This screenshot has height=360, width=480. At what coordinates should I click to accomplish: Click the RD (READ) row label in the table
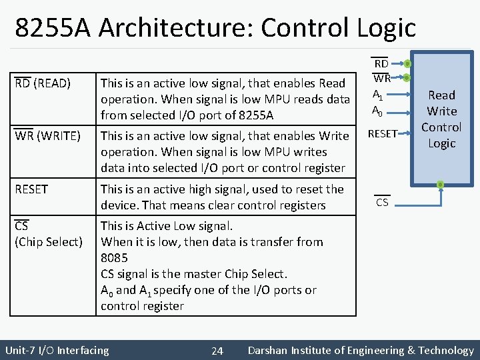(43, 83)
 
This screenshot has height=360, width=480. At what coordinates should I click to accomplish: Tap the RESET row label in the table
(31, 189)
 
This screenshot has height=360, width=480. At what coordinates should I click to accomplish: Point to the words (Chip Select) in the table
(49, 242)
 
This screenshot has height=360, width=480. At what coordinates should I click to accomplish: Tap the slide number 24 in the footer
(217, 351)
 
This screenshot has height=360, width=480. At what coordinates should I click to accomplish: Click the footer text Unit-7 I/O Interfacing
(57, 351)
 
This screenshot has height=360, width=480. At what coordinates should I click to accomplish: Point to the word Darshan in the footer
(269, 351)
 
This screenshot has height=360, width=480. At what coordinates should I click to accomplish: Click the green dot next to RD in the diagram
(408, 65)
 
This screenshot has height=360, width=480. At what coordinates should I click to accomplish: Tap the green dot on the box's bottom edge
(440, 183)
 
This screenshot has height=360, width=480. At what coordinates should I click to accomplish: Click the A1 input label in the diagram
(377, 95)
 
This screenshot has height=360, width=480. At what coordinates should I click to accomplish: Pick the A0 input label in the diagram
(377, 110)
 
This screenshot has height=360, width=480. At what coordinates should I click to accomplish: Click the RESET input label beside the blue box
(383, 134)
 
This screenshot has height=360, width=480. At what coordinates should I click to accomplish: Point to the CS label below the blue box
(382, 202)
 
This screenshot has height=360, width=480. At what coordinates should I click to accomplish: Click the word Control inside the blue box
(441, 127)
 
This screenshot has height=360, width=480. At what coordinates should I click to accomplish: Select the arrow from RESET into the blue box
(407, 134)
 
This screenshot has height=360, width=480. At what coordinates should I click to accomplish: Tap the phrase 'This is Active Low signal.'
(166, 226)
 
